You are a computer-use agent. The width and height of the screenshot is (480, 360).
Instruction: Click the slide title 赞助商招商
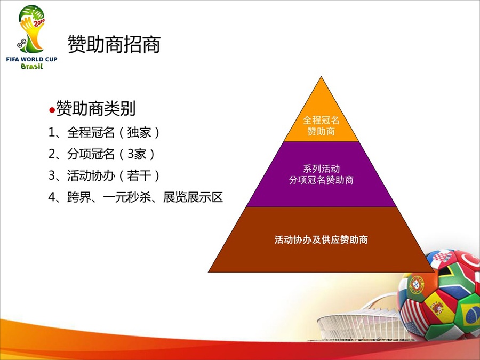114,44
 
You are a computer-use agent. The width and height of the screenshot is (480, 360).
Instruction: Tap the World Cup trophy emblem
31,29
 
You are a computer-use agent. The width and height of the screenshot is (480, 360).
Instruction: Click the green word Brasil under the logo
31,66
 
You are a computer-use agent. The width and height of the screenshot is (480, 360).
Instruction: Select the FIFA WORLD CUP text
31,59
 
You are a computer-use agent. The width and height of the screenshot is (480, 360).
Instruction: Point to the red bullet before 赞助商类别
52,110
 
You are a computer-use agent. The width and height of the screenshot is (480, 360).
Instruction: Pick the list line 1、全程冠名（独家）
104,133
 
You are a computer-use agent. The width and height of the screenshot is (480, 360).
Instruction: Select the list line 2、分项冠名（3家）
102,154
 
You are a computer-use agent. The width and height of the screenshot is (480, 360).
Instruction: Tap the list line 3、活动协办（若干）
104,175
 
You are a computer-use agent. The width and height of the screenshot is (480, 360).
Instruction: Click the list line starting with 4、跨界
135,197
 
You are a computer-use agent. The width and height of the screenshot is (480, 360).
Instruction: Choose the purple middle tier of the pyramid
321,174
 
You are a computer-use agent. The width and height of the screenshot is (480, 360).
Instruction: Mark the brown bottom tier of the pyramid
321,239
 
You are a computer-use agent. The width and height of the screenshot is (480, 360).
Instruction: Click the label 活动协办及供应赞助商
321,239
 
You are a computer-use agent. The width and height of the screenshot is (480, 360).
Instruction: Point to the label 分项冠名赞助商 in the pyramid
321,180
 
